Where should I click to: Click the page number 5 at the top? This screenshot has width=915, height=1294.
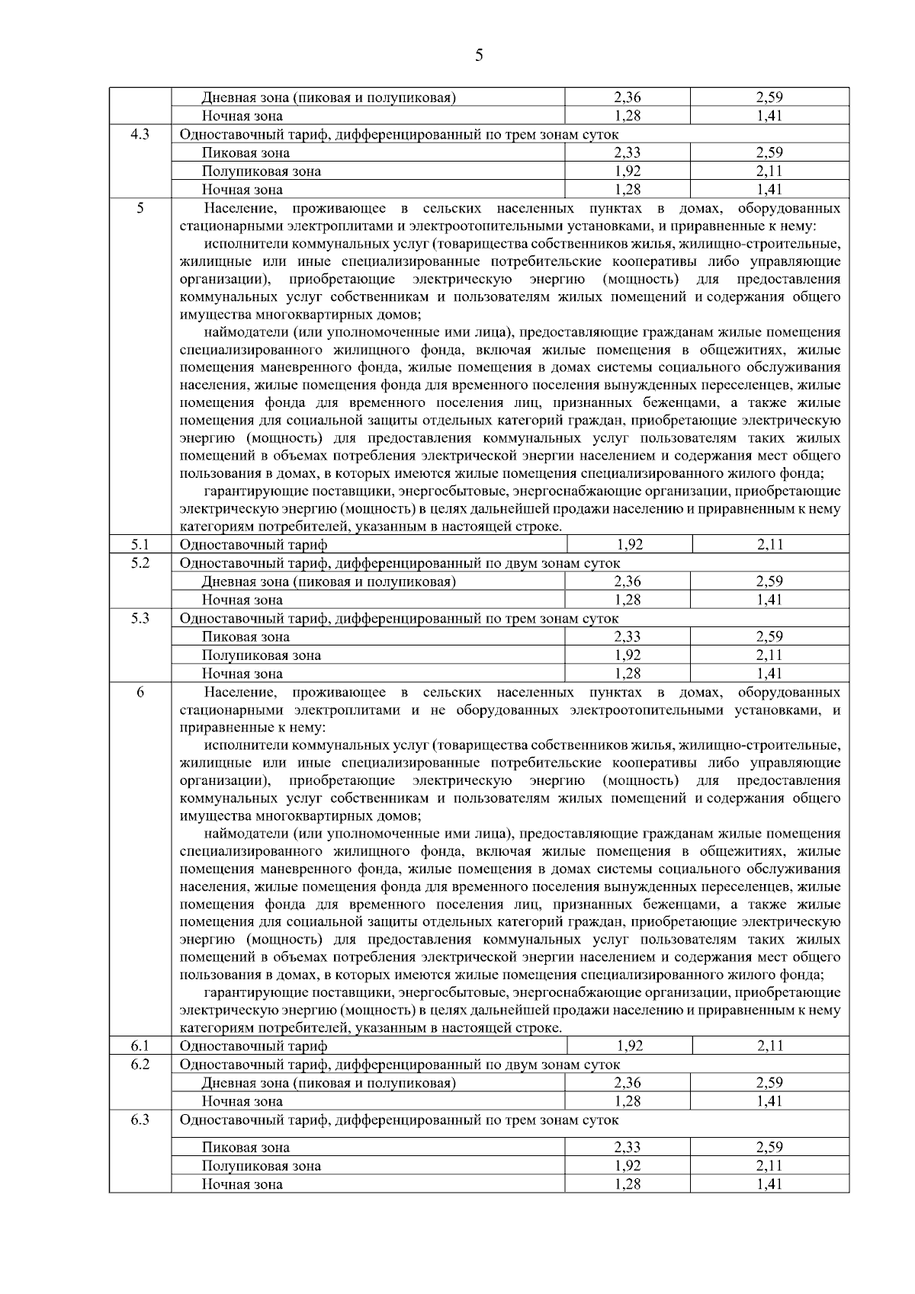point(479,55)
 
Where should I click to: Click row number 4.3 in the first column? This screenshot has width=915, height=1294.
point(140,134)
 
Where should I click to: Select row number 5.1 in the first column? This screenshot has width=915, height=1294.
point(140,544)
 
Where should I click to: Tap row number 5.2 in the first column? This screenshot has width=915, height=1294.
point(140,562)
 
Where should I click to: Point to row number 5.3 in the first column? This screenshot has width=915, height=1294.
point(140,618)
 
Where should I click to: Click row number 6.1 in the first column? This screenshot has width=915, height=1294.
point(140,1046)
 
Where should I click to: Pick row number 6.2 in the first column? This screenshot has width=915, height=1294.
point(140,1064)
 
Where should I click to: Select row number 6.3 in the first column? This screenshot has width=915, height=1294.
point(140,1119)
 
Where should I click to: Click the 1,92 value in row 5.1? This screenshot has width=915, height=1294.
point(629,545)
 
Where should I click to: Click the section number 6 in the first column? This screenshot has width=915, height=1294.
point(140,692)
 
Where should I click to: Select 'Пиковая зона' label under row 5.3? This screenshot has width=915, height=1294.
point(246,637)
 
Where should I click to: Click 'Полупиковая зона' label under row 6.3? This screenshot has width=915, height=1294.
point(261,1166)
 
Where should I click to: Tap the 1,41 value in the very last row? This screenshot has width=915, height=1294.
point(769,1184)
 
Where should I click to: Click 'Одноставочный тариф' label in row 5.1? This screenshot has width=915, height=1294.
point(253,545)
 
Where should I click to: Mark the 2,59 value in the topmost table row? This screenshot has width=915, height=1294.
point(769,98)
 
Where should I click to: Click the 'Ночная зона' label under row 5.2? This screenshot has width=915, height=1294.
point(242,601)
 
